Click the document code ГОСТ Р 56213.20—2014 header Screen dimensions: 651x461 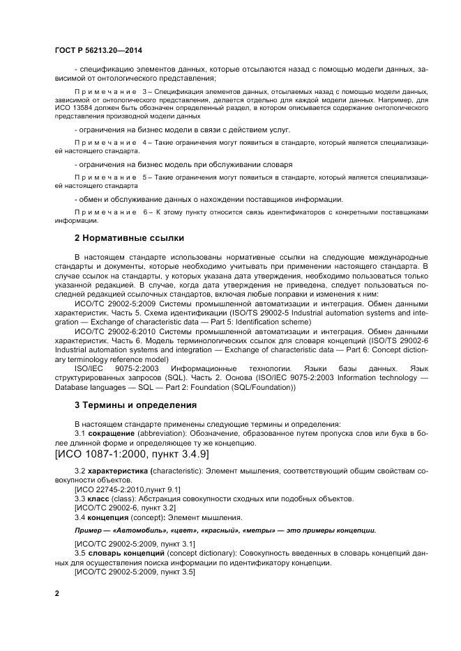[98, 51]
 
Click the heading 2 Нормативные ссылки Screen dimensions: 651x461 [129, 238]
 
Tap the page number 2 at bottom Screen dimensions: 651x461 [57, 593]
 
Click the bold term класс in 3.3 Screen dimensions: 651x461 [100, 499]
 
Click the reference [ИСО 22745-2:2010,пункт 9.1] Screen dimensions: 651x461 [127, 490]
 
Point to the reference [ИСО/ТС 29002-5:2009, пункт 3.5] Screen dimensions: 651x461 [135, 572]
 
